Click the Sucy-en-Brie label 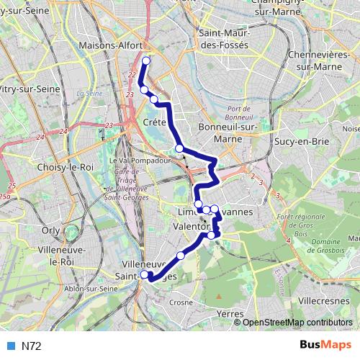click(295, 141)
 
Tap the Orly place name click(51, 230)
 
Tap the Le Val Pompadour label click(134, 160)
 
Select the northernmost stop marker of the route click(146, 61)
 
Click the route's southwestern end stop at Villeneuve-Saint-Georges click(145, 274)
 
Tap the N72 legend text click(30, 346)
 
